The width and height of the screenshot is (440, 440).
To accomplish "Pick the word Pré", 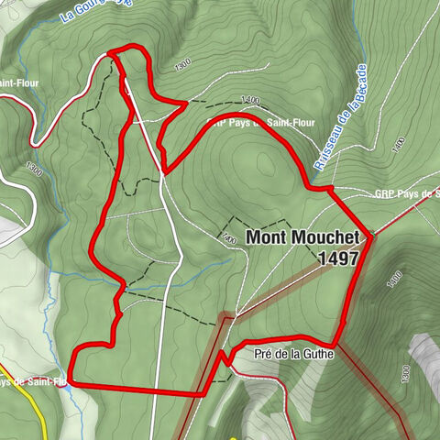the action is click(265, 353).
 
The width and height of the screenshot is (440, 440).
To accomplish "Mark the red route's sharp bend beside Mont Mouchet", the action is click(371, 236).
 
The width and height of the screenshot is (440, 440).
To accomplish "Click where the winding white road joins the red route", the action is click(111, 55).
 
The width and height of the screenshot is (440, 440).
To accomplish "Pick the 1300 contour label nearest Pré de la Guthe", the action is click(404, 370).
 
